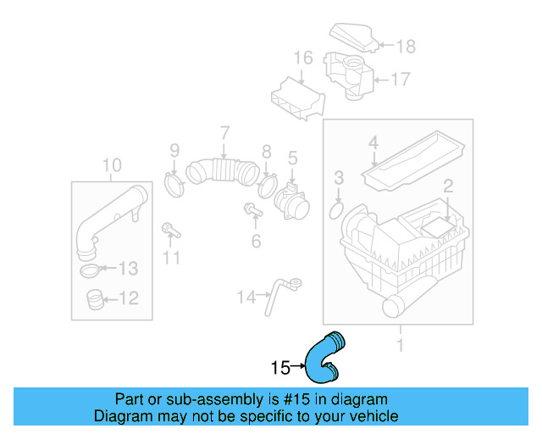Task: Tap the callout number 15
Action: pyautogui.click(x=280, y=368)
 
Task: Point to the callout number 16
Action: pyautogui.click(x=303, y=58)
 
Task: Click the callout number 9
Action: pyautogui.click(x=174, y=151)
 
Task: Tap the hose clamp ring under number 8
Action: pyautogui.click(x=268, y=184)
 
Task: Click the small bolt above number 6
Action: pyautogui.click(x=252, y=209)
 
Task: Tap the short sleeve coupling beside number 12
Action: pyautogui.click(x=95, y=299)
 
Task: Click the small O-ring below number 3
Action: pyautogui.click(x=335, y=208)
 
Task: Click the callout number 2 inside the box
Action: pyautogui.click(x=448, y=185)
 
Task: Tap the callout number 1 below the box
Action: pyautogui.click(x=400, y=345)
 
